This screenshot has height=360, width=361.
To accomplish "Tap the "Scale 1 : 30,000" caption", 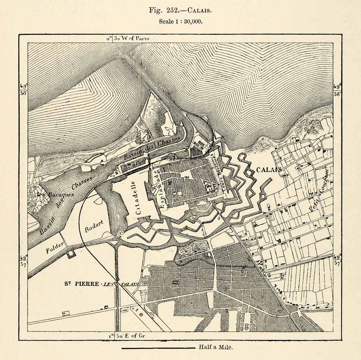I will coord(181,21).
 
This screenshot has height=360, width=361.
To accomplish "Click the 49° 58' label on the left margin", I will coord(23,90).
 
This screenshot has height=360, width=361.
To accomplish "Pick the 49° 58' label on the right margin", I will coord(338,90).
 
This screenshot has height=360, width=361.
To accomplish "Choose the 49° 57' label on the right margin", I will coord(338,260).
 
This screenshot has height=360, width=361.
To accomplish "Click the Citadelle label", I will coord(138,198).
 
